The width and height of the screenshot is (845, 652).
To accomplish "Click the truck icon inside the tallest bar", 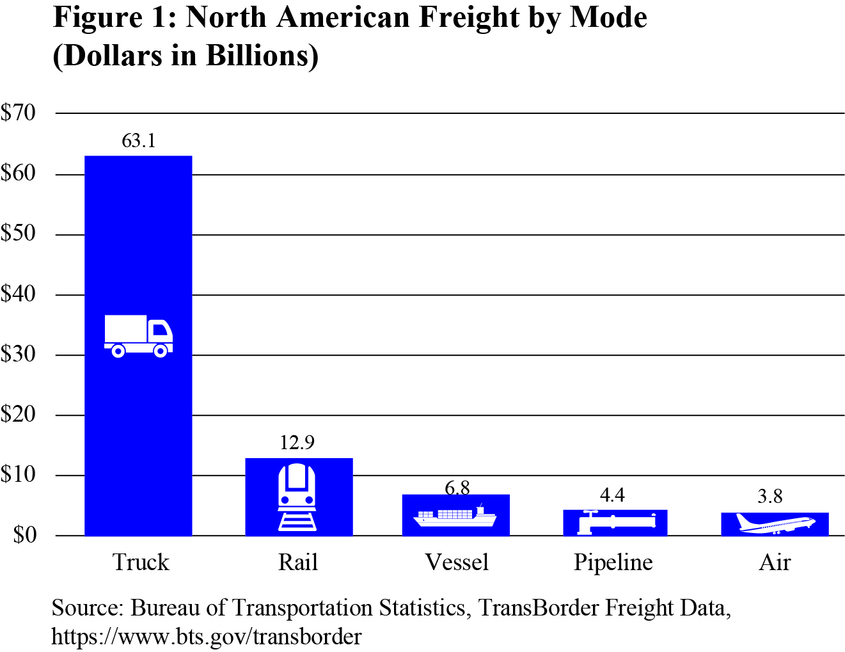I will pos(138,336).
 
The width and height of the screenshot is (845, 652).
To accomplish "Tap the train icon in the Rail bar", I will pos(297,497).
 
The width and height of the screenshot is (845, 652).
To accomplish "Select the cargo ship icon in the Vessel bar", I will pos(455,516).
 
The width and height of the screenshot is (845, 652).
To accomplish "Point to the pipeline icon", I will pos(616,522).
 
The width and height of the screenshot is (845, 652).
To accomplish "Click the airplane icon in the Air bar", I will pos(775,523).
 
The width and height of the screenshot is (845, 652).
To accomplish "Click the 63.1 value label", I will pos(139,141).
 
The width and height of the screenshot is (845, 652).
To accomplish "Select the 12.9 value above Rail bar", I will pos(297,443).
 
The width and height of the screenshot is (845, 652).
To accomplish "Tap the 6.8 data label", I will pos(457,488).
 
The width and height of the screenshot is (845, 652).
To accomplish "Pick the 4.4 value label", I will pos(612,495).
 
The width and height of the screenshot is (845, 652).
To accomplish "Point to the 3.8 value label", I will pos(770,497).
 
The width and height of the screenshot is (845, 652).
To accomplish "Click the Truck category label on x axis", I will pos(141,562).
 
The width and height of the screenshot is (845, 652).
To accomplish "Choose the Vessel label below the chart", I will pos(457,562).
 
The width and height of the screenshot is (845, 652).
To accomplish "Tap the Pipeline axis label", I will pos(613,562).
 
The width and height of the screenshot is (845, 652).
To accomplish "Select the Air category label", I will pos(775,562).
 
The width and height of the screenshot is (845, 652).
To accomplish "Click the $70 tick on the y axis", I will pos(19,113).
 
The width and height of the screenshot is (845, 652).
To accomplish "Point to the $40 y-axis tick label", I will pos(19,294).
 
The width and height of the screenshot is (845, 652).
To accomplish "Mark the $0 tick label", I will pos(25,535).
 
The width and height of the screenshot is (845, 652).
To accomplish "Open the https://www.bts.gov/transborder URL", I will pos(206,637).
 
